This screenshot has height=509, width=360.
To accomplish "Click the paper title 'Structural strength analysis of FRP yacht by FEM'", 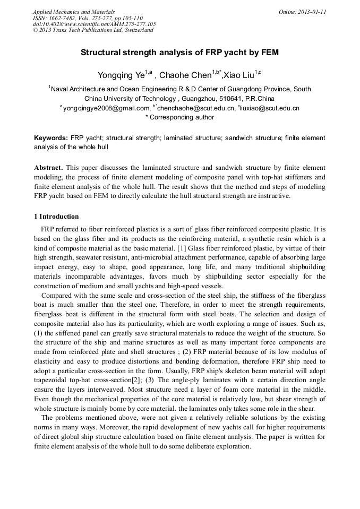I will click(179, 53).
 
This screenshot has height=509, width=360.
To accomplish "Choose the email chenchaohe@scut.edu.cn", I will click(196, 108).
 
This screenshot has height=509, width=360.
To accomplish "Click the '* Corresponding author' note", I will click(179, 117).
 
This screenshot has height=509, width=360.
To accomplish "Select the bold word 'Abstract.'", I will click(49, 167).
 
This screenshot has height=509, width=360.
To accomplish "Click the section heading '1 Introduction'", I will click(56, 217).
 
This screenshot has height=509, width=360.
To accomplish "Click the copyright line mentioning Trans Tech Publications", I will click(93, 30).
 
